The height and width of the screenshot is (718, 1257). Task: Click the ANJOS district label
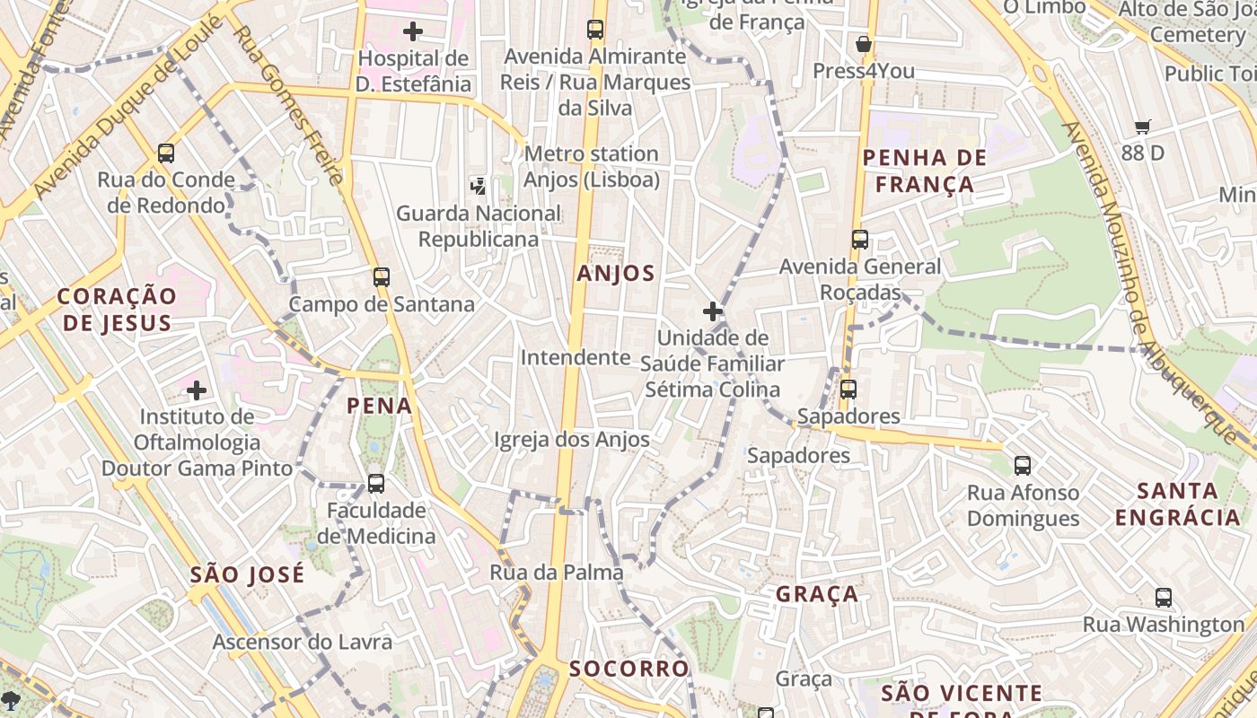coord(616,274)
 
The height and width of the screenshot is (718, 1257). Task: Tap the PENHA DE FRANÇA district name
coord(924,171)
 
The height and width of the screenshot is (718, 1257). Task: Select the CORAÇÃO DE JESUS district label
coord(117,309)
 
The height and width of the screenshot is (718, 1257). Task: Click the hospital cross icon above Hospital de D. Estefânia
coord(413,32)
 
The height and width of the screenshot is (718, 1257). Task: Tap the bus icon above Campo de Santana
coord(382,277)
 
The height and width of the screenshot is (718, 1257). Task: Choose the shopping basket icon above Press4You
coord(864,44)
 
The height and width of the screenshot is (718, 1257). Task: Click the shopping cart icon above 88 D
coord(1142,127)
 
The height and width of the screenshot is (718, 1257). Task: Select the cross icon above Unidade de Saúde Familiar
coord(713,311)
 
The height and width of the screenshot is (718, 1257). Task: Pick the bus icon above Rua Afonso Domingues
coord(1023,466)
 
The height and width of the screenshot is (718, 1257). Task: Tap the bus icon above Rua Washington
coord(1164,598)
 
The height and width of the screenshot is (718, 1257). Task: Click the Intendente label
coord(576,357)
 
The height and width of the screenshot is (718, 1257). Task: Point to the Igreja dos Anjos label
coord(571,440)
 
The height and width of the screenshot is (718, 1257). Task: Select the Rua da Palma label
coord(556,573)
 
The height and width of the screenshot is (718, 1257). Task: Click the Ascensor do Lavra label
coord(302,642)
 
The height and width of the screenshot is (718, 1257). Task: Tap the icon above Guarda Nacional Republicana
coord(479,187)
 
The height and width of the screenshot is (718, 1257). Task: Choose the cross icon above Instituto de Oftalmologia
coord(197,390)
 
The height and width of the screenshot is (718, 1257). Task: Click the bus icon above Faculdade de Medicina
coord(376,484)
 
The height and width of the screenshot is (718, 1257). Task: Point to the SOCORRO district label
coord(628,669)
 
